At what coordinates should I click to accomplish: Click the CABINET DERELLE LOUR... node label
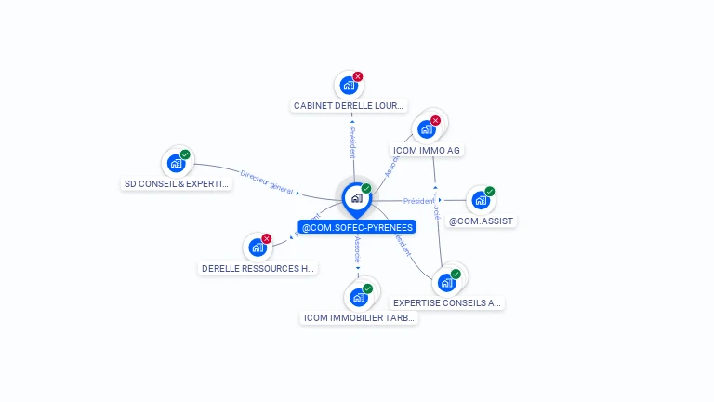(x=350, y=106)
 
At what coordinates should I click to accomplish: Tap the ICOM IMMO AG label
(x=427, y=150)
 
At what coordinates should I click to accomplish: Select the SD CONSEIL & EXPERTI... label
(x=177, y=184)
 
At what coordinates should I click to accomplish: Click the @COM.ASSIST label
(x=481, y=221)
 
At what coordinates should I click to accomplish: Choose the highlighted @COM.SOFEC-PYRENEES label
(x=357, y=227)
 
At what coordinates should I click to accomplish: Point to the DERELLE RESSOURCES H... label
(x=258, y=269)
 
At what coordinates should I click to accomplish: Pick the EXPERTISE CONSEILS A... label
(x=447, y=302)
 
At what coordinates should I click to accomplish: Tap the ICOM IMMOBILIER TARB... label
(x=361, y=317)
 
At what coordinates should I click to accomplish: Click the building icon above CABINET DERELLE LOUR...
(x=349, y=86)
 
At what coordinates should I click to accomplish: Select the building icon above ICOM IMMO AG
(x=427, y=128)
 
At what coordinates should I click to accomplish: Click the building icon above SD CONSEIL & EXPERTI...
(x=176, y=163)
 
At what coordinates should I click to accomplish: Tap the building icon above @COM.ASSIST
(x=480, y=200)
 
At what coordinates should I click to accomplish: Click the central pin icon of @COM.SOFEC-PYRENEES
(x=356, y=198)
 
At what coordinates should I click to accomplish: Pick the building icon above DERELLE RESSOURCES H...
(x=258, y=248)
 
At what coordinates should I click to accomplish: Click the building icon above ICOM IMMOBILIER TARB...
(x=358, y=298)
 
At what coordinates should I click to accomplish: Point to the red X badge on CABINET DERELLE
(x=358, y=76)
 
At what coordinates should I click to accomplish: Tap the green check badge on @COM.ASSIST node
(x=490, y=192)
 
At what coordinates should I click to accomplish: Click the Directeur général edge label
(x=267, y=181)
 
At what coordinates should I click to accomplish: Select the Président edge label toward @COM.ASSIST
(x=418, y=201)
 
